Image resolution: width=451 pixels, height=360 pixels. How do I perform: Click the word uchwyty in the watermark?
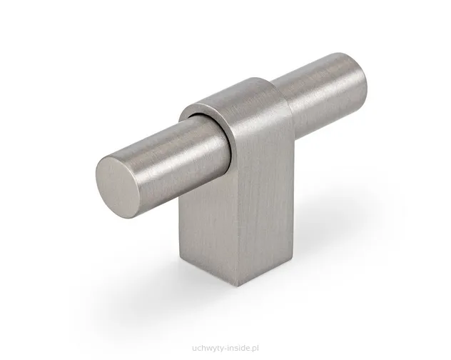click(x=208, y=349)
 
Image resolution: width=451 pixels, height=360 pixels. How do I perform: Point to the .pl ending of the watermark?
click(x=255, y=349)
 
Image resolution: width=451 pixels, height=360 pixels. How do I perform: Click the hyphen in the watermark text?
click(x=225, y=349)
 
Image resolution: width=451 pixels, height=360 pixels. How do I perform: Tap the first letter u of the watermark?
click(x=194, y=349)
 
